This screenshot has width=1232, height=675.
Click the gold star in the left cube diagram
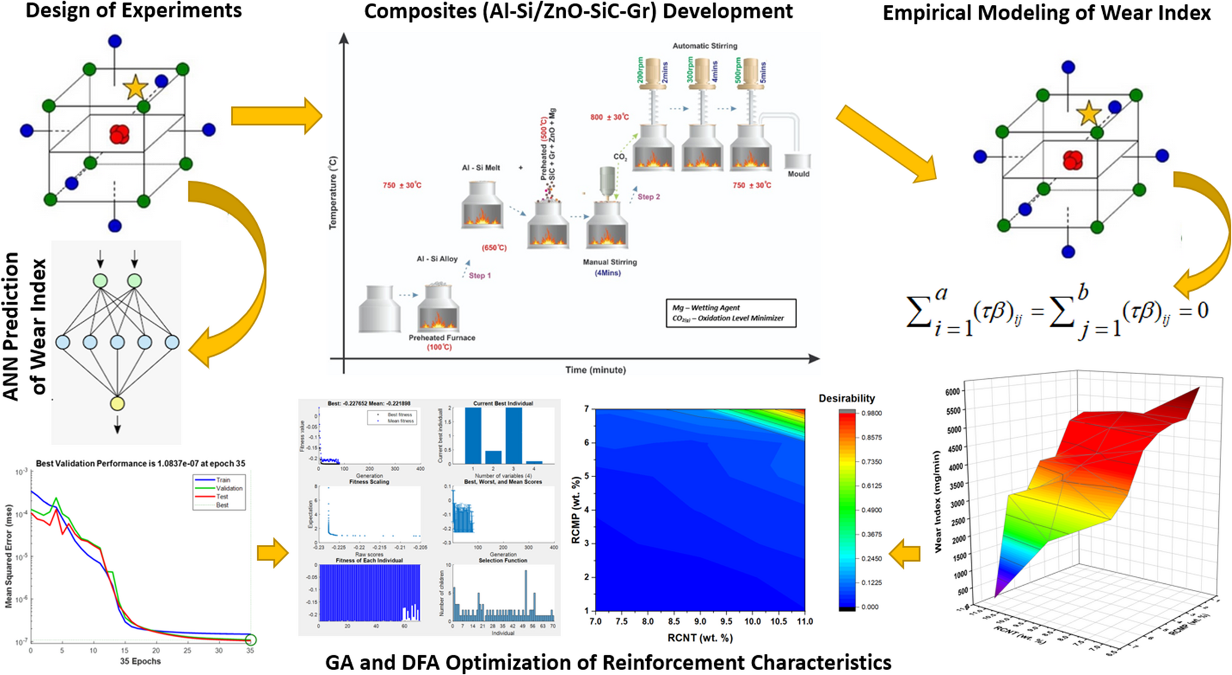pyautogui.click(x=135, y=88)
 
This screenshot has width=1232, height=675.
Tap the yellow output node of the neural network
pyautogui.click(x=117, y=403)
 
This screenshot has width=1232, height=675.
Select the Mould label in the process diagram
pyautogui.click(x=798, y=174)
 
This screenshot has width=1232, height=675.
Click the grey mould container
pyautogui.click(x=798, y=161)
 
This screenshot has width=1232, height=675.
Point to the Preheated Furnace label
pyautogui.click(x=442, y=337)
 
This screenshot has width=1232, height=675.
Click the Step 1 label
pyautogui.click(x=479, y=276)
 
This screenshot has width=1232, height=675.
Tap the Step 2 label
pyautogui.click(x=648, y=197)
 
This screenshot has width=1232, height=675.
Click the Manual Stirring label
pyautogui.click(x=609, y=262)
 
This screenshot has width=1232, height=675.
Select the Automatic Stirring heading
pyautogui.click(x=705, y=46)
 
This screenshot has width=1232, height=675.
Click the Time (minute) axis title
pyautogui.click(x=595, y=370)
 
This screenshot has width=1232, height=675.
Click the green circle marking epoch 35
pyautogui.click(x=250, y=640)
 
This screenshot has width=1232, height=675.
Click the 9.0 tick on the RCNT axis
pyautogui.click(x=700, y=622)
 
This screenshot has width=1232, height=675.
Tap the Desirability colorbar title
pyautogui.click(x=846, y=398)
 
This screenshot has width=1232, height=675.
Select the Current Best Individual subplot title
pyautogui.click(x=503, y=403)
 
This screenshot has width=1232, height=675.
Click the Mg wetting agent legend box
pyautogui.click(x=730, y=313)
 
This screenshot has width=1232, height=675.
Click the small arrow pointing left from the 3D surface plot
pyautogui.click(x=905, y=553)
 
